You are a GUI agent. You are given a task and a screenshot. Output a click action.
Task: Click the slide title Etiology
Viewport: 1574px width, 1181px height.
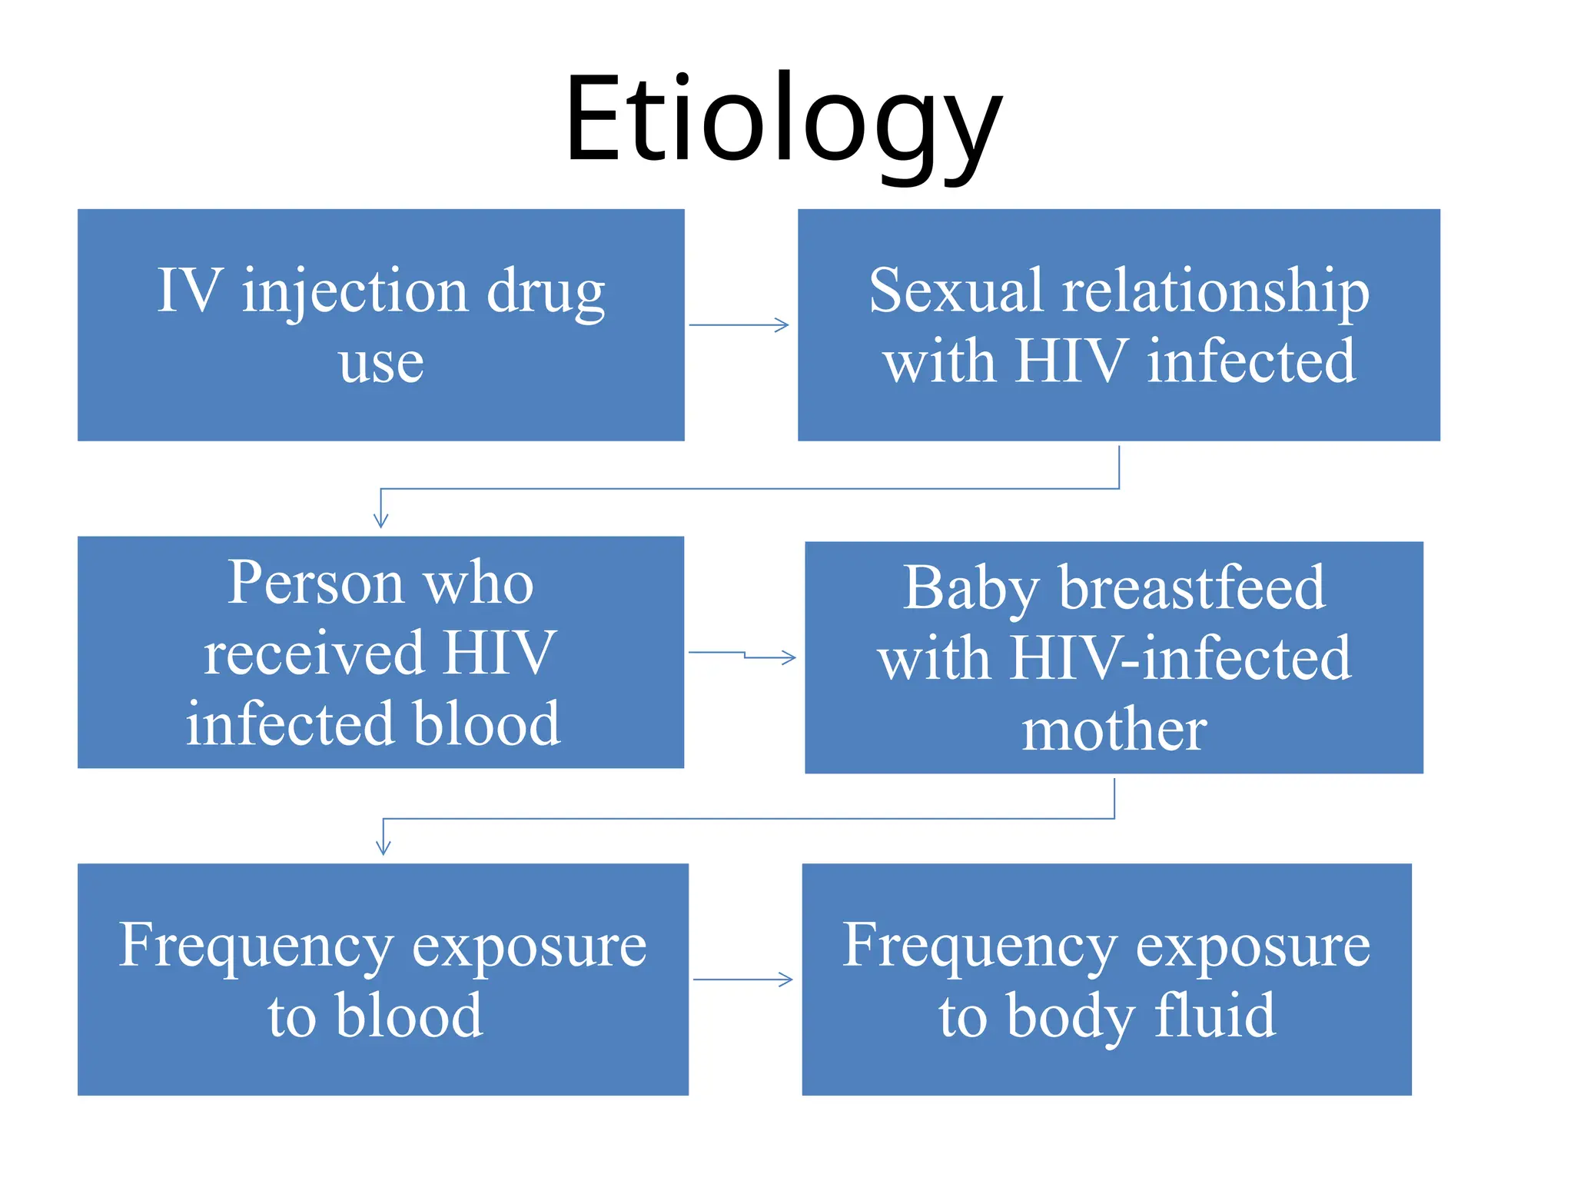point(784,119)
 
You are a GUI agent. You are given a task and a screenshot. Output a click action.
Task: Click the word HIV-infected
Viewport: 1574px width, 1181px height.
point(1180,659)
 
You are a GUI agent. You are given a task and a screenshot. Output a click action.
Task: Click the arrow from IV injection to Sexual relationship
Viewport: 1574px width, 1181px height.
point(739,325)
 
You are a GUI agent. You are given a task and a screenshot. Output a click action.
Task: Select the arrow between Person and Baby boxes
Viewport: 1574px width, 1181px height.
point(742,655)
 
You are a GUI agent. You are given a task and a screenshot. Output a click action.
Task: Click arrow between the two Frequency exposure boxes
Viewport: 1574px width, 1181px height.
point(742,980)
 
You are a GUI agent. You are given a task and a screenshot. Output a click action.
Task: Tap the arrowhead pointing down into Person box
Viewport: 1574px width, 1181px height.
point(380,520)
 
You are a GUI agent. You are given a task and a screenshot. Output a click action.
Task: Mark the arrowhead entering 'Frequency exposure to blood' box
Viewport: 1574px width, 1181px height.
point(384,847)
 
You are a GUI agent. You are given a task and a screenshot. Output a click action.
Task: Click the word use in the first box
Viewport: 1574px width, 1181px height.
point(381,363)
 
